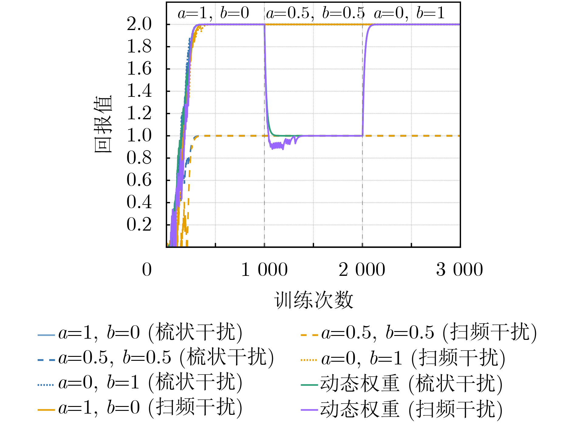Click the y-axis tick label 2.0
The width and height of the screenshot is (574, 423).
pos(139,24)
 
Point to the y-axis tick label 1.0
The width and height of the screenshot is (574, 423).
pos(139,136)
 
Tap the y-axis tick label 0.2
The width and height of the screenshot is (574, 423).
pos(139,225)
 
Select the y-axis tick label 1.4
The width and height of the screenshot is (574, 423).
pos(139,91)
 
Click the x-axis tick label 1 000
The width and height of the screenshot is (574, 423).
pos(264,270)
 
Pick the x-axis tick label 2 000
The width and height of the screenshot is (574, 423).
pos(362,270)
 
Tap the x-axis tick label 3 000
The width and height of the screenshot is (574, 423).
pos(460,270)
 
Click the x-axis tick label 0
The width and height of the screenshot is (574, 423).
pos(147,270)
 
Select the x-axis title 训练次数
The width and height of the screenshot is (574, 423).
pos(313,300)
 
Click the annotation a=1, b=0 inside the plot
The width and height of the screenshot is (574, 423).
pos(213,13)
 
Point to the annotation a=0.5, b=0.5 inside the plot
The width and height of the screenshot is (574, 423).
pos(315,13)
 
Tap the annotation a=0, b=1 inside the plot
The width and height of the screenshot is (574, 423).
pos(409,13)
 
